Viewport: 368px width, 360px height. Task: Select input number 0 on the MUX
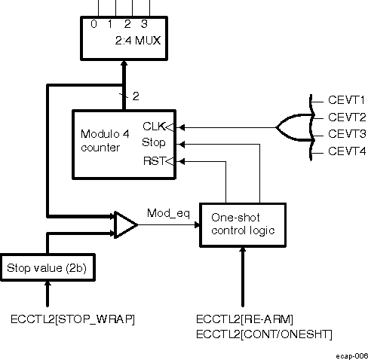tap(94, 23)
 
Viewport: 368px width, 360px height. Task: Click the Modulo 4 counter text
tap(104, 140)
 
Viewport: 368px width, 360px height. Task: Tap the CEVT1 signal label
tap(347, 99)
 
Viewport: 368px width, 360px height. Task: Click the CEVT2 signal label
tap(347, 117)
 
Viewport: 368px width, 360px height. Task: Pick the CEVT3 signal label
tap(347, 135)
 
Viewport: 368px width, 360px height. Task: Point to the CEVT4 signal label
tap(347, 153)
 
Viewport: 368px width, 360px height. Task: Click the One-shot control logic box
tap(241, 224)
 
